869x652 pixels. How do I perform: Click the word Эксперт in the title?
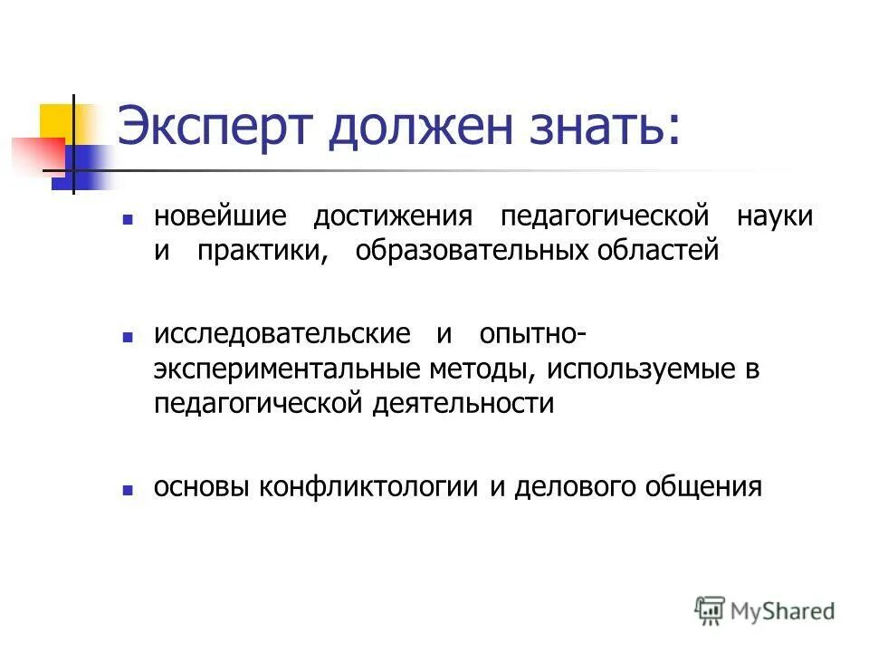click(215, 127)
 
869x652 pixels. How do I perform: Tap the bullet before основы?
click(129, 489)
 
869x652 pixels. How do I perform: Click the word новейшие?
click(220, 217)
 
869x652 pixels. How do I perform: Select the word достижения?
click(393, 217)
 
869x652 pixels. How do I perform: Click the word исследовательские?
click(282, 334)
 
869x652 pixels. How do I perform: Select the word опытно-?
click(531, 334)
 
